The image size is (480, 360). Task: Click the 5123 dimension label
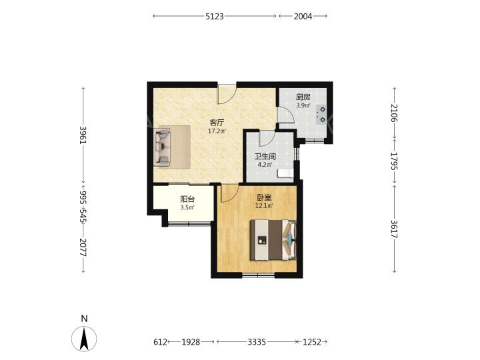[215, 16]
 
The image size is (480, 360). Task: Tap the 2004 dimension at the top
[303, 16]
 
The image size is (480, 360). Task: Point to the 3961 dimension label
[83, 135]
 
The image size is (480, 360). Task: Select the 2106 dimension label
[394, 113]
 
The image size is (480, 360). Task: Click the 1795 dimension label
[394, 161]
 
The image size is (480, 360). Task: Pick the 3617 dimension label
[394, 229]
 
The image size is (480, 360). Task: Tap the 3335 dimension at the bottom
[257, 341]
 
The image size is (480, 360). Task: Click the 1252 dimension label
[312, 341]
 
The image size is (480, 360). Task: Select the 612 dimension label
[161, 341]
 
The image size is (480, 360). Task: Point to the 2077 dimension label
[83, 247]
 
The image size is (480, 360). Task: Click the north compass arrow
[84, 339]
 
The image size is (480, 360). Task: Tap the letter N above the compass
[84, 319]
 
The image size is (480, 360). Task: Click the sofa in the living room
[163, 146]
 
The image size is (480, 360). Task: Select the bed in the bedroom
[273, 240]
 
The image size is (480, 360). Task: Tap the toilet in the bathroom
[285, 173]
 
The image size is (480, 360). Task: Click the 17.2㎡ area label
[217, 131]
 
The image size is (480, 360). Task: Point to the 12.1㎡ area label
[264, 206]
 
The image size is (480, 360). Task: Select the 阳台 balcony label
[187, 199]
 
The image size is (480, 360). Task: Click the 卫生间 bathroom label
[265, 157]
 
